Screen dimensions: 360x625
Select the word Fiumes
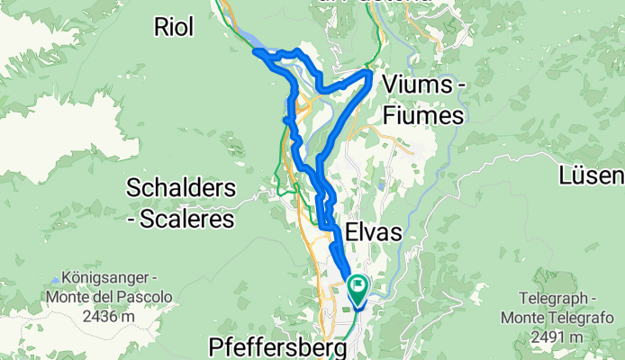422,115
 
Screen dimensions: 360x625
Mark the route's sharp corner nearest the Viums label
370,72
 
